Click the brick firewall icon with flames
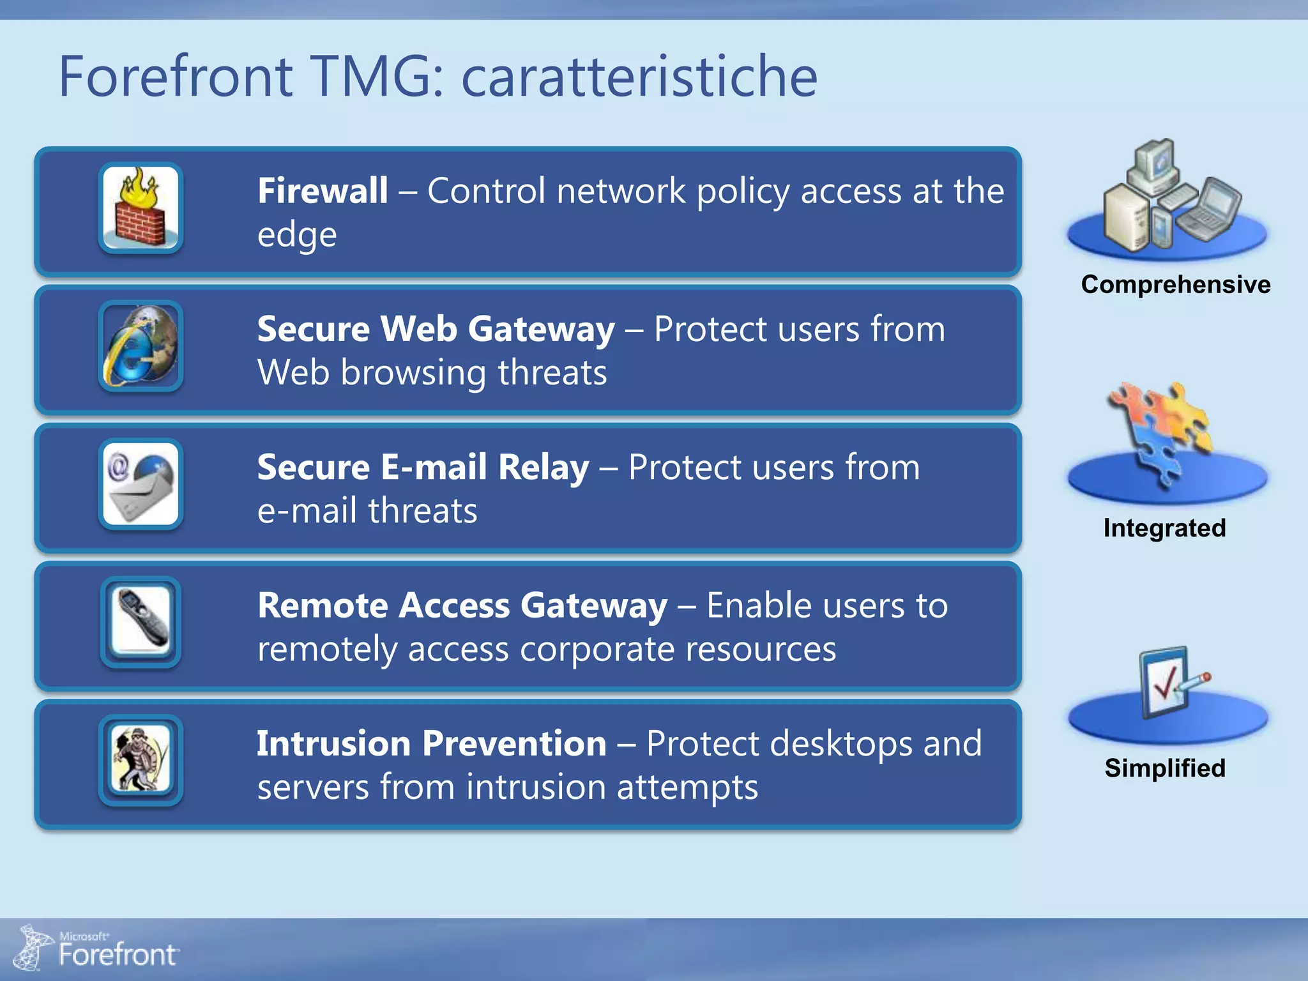coord(141,208)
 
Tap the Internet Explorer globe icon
coord(141,346)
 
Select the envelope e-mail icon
coord(141,484)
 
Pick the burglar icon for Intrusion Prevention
coord(141,760)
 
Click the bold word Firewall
coord(323,190)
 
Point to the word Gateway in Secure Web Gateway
coord(541,330)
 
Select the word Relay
coord(544,467)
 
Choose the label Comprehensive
coord(1175,284)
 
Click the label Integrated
coord(1164,528)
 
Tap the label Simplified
coord(1165,768)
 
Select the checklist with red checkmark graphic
coord(1169,683)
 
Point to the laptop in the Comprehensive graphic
coord(1210,209)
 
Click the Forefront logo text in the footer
coord(117,954)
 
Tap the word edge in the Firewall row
coord(297,235)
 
